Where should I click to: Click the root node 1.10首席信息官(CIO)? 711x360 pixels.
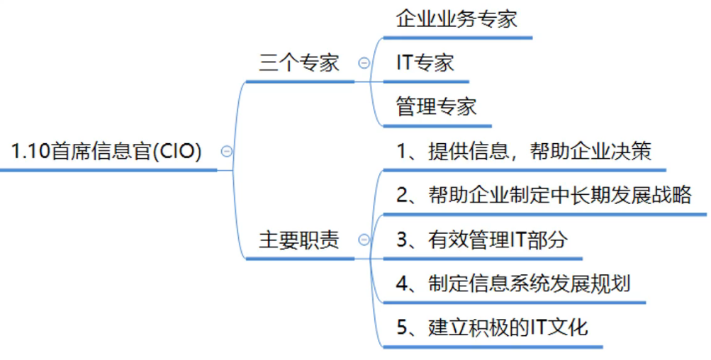tap(106, 152)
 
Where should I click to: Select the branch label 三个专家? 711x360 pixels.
tap(299, 63)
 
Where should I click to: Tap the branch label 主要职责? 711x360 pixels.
tap(299, 240)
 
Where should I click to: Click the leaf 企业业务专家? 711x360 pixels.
tap(457, 18)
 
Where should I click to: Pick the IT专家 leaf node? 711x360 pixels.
tap(425, 63)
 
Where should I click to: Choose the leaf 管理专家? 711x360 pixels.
tap(436, 107)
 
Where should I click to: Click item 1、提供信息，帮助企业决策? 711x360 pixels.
tap(523, 152)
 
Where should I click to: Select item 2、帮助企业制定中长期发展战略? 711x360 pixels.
tap(544, 196)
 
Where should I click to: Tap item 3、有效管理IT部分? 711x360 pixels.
tap(482, 240)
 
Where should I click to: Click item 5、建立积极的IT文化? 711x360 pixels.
tap(492, 328)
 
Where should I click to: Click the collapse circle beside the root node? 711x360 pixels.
tap(227, 151)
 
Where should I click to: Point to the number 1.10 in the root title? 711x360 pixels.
tap(30, 152)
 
